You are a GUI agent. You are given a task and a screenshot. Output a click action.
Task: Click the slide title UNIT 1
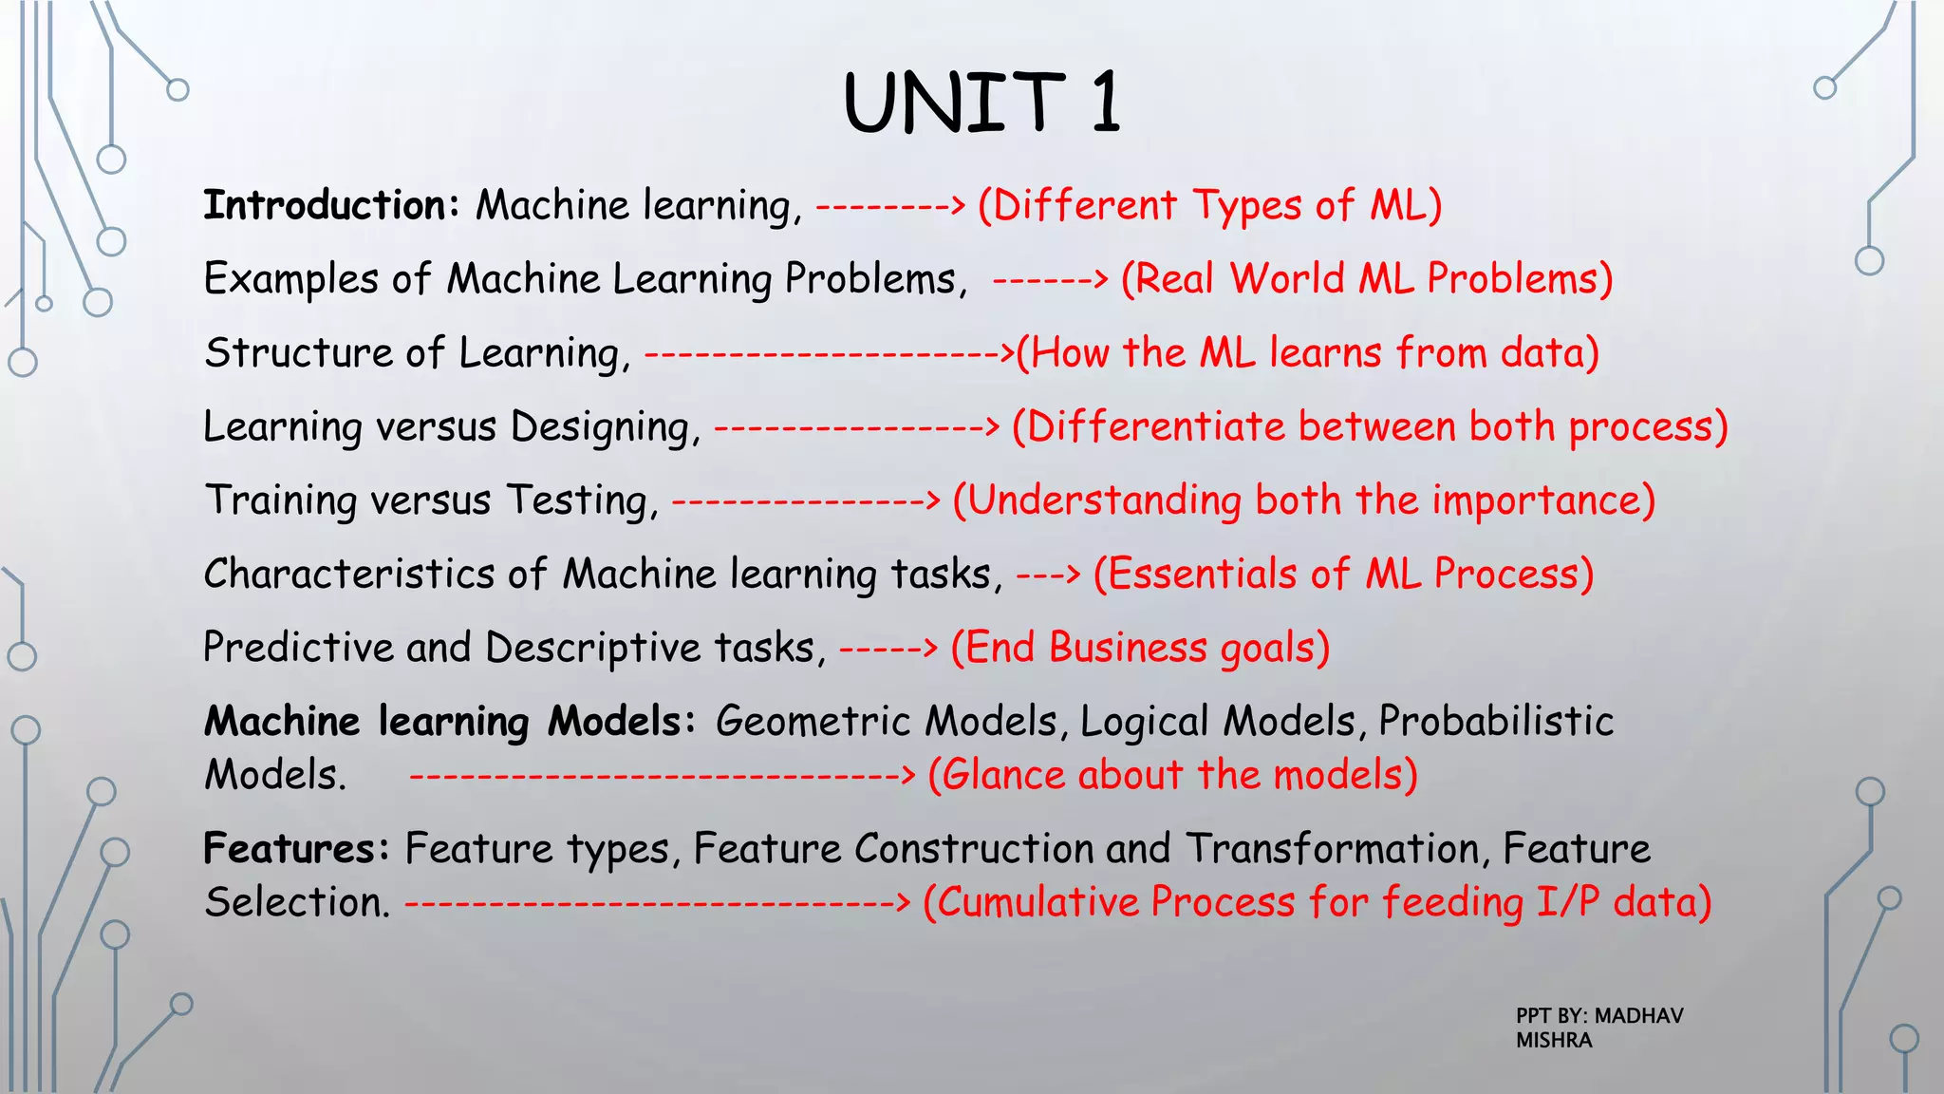981,102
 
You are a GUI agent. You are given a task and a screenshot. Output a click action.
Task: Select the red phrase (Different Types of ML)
1209,205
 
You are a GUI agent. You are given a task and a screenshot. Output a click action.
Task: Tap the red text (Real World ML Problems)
1367,279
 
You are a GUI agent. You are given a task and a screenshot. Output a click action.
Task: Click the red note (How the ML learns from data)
1308,352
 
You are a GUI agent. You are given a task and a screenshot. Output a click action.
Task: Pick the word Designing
605,426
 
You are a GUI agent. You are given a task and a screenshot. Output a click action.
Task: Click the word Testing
581,500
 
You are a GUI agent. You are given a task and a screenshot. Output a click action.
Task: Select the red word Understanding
1103,500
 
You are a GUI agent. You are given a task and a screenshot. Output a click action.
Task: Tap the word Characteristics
348,574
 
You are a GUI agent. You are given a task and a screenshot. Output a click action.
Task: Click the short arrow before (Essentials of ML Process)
1048,574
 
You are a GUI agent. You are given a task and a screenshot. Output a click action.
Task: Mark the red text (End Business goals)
1140,648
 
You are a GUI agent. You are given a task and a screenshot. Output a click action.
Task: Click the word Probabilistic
1495,722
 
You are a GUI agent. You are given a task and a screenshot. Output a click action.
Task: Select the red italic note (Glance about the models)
1172,775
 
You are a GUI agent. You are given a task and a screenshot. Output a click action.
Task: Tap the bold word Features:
296,848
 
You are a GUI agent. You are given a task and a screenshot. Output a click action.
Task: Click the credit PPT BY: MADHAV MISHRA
1598,1028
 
